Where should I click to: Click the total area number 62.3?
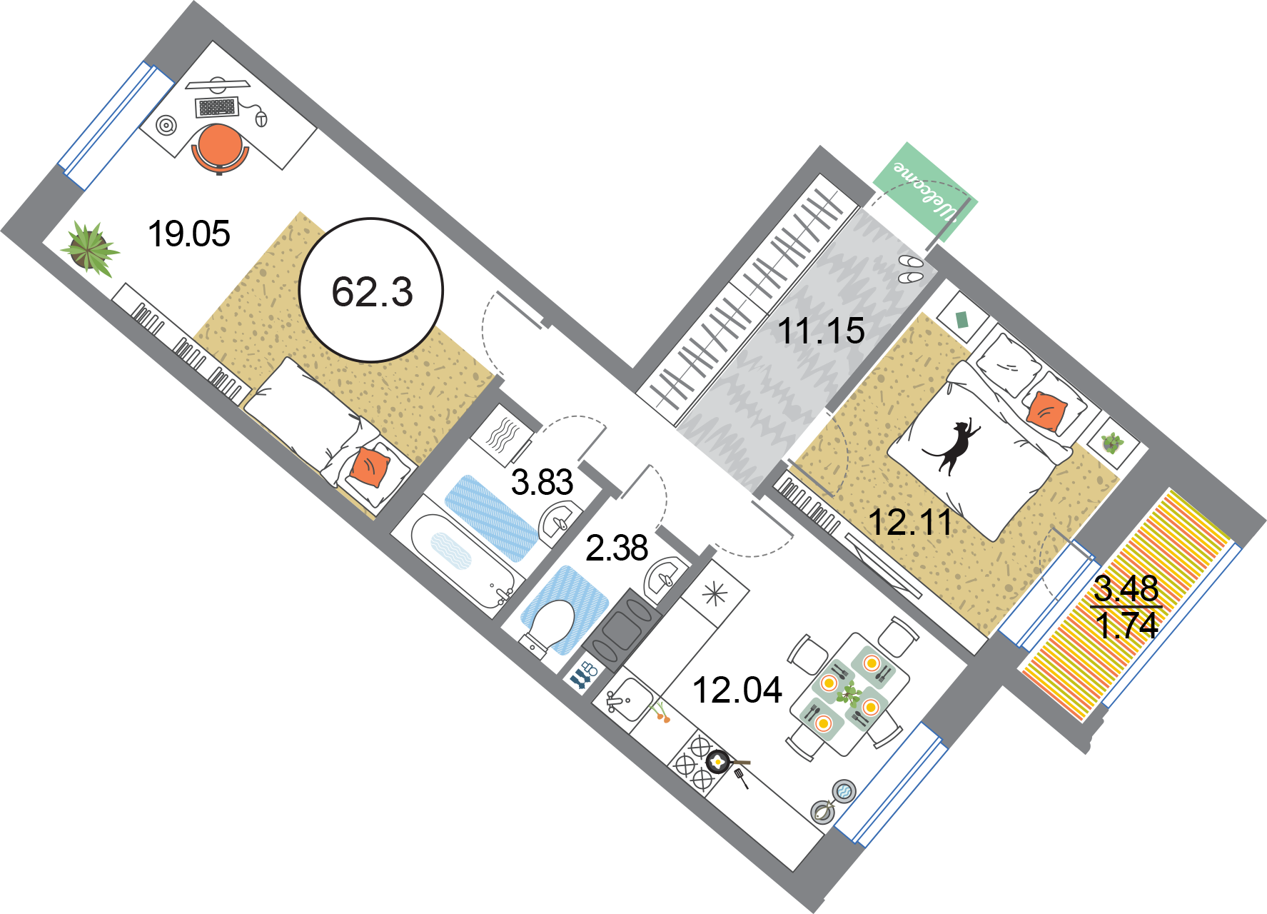(372, 292)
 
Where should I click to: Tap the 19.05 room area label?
(188, 234)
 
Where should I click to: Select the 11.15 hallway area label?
(821, 331)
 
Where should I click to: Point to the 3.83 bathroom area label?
(542, 483)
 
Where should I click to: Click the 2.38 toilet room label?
(617, 548)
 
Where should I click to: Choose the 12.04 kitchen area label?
(737, 690)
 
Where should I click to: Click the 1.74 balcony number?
(1126, 626)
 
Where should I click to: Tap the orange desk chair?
(220, 149)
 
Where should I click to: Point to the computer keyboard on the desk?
(217, 107)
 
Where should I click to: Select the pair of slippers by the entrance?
(911, 268)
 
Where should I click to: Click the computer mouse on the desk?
(261, 118)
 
